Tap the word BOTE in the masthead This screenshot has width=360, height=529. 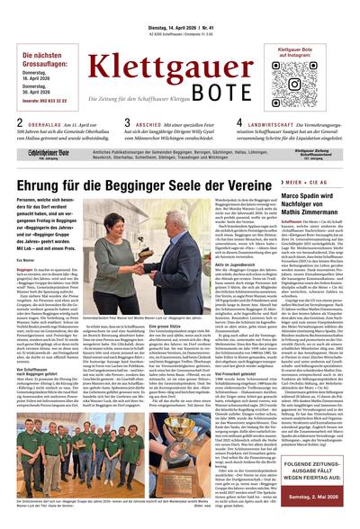click(x=213, y=94)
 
